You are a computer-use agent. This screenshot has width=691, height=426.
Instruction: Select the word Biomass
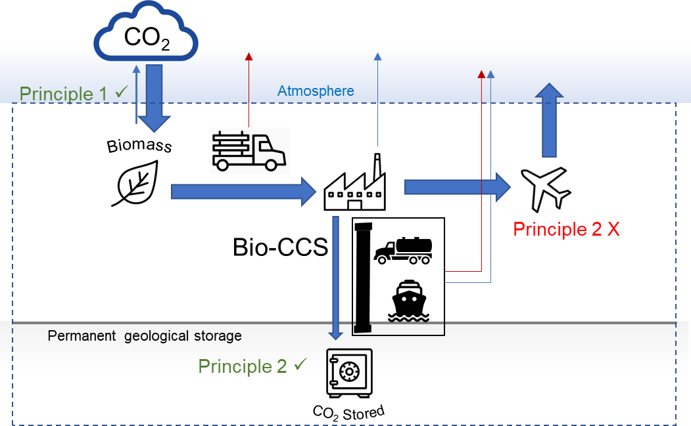139,144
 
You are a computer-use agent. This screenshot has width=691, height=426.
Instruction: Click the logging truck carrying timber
249,150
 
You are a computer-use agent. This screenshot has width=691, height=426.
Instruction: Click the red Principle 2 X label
566,229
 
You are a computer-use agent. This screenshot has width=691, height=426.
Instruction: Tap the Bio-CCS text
281,247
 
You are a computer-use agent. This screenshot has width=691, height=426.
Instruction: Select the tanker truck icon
402,250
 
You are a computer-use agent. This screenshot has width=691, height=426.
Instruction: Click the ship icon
408,303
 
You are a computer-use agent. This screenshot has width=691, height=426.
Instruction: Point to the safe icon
349,372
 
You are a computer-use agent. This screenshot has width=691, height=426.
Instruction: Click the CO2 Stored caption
348,412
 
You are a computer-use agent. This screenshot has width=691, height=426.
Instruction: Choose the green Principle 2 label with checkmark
253,366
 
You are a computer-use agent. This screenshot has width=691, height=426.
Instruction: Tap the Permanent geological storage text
145,336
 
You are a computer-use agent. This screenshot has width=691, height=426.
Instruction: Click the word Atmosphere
316,91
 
